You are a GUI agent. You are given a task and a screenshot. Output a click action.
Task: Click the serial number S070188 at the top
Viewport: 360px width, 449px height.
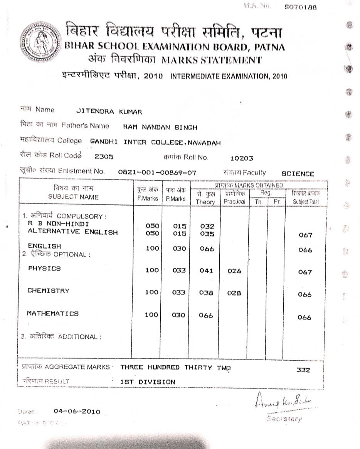[x=300, y=7]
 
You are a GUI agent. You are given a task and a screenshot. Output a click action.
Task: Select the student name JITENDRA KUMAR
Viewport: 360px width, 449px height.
[x=109, y=112]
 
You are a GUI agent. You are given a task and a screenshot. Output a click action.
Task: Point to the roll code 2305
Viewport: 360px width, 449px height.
[x=104, y=157]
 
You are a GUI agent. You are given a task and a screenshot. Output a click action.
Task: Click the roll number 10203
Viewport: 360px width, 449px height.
[x=241, y=158]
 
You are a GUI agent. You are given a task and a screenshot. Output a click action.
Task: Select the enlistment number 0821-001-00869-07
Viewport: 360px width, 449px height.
[x=157, y=173]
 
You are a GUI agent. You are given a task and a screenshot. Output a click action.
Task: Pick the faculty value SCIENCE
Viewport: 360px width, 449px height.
[x=298, y=174]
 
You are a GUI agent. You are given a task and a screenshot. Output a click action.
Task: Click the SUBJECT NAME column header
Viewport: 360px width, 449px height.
[x=73, y=197]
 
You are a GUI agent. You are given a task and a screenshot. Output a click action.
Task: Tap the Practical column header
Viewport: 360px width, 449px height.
[x=234, y=201]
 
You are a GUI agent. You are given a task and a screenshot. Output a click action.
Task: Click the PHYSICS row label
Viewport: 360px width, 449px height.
[x=44, y=268]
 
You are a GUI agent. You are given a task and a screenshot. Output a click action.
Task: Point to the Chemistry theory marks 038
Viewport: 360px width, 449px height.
[x=206, y=293]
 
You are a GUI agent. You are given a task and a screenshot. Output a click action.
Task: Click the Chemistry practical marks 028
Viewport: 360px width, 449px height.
[x=234, y=293]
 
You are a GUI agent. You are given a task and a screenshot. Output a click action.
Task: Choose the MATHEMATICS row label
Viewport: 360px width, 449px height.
[x=52, y=314]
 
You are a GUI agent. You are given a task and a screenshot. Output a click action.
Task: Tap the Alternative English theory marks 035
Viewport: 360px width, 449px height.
[x=207, y=234]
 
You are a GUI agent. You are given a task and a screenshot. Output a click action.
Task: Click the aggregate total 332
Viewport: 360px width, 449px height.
[x=303, y=370]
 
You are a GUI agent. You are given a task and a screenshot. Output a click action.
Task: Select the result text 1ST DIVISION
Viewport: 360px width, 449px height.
[x=148, y=382]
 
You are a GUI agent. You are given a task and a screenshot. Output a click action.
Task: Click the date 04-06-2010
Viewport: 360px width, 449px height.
[x=77, y=412]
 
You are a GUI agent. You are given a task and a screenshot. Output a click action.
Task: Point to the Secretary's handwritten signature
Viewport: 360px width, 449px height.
[x=283, y=403]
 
